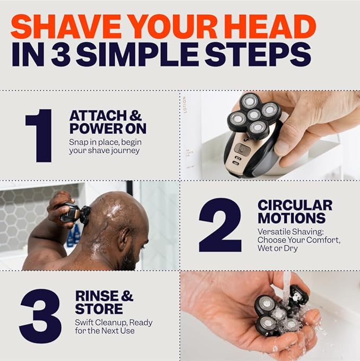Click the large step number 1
click(x=39, y=135)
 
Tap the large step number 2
click(x=219, y=225)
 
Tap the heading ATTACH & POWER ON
click(x=107, y=122)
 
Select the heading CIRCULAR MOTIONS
click(x=295, y=212)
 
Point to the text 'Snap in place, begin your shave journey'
click(x=104, y=147)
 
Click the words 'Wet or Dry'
click(x=278, y=248)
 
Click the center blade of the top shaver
click(x=254, y=115)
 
